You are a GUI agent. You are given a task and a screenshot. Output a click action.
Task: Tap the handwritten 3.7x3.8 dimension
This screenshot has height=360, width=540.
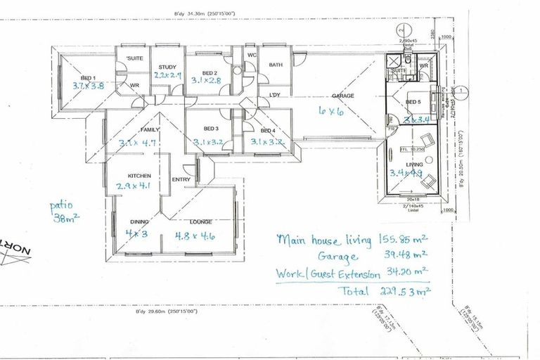[88, 86]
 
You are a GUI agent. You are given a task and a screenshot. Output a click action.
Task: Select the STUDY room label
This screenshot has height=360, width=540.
[167, 67]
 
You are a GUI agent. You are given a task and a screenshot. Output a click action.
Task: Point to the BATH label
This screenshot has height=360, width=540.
[275, 66]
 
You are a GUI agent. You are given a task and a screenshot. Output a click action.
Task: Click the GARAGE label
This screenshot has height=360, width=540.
[343, 96]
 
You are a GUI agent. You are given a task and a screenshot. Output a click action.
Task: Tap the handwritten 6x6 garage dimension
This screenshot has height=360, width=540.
[329, 111]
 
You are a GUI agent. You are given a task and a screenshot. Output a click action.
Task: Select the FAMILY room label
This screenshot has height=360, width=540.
[150, 129]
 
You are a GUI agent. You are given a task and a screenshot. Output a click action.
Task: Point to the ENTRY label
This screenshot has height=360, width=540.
[181, 179]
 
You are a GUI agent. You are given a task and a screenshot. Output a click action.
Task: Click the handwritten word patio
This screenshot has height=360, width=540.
[62, 206]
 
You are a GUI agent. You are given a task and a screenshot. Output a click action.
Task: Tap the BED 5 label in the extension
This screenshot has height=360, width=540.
[412, 103]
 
